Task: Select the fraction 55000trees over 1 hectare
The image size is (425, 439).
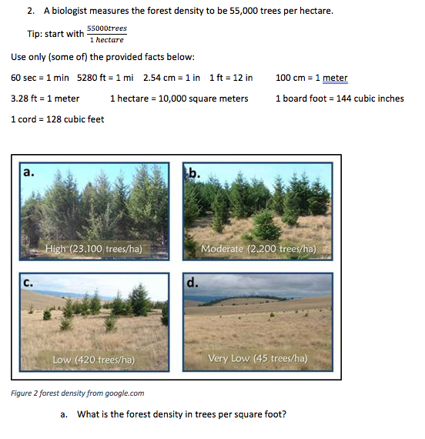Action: [106, 34]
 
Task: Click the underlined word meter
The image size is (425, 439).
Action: [335, 78]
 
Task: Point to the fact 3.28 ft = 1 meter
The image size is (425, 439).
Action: [45, 99]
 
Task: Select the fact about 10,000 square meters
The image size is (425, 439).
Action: [179, 99]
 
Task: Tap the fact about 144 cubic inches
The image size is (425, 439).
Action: [339, 99]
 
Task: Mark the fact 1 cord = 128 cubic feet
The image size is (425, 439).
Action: [58, 119]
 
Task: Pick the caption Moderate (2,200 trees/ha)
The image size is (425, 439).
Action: [258, 249]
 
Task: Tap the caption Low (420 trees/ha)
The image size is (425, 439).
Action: [93, 360]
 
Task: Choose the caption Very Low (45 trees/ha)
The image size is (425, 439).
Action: [258, 358]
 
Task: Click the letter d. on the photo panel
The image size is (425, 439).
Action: [192, 283]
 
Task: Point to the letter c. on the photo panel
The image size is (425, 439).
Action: [28, 283]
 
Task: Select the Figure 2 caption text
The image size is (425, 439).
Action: [78, 394]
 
